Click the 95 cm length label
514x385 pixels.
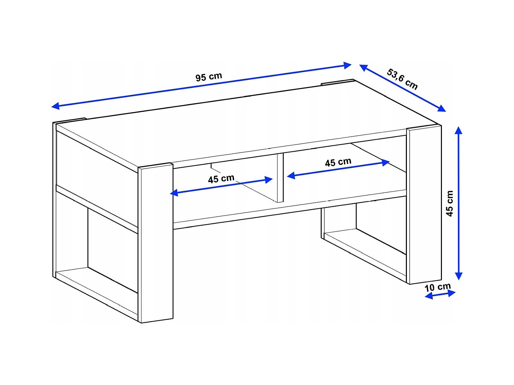[208, 77]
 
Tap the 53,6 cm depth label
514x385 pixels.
[402, 79]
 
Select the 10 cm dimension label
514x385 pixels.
[438, 287]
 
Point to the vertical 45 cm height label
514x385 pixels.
[450, 204]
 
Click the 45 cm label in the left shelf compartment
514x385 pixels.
[221, 179]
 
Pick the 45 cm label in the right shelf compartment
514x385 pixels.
[338, 162]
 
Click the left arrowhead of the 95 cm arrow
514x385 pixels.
[56, 106]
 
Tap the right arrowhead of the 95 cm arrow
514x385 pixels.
[348, 65]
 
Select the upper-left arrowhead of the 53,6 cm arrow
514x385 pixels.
[363, 68]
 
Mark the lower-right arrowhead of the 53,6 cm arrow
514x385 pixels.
[442, 108]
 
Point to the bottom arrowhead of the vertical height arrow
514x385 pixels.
[458, 276]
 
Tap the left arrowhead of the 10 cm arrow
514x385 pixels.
[428, 296]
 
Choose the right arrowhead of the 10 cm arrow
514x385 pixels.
[452, 293]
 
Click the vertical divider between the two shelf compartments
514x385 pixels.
[280, 178]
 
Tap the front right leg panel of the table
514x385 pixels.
[424, 205]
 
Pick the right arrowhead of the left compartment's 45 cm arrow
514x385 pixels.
[268, 180]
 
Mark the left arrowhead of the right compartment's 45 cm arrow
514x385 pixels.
[291, 175]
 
